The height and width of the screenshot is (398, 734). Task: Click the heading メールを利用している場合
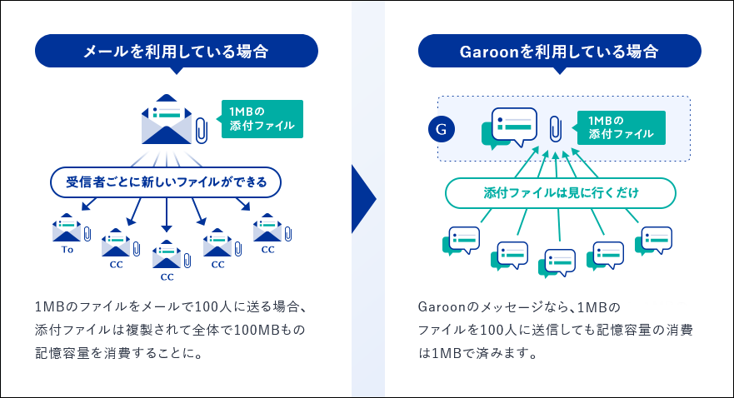[176, 51]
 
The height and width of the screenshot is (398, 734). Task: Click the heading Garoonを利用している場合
[559, 51]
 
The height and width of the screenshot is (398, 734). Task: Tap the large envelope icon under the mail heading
[167, 119]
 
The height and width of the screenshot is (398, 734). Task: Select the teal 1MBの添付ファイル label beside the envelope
[262, 119]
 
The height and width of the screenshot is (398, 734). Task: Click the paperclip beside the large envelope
[202, 130]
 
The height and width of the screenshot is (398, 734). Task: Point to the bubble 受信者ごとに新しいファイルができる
[166, 182]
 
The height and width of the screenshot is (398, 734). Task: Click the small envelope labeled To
[67, 228]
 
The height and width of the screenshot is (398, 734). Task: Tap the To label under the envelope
[67, 250]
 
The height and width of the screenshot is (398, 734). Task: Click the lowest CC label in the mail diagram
[167, 277]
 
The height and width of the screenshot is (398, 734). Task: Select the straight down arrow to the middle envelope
[166, 215]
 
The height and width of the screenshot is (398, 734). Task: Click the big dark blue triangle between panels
[364, 199]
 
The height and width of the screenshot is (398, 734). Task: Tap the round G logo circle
[442, 129]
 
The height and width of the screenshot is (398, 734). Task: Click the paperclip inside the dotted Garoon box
[555, 128]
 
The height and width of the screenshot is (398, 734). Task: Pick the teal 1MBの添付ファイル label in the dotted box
[622, 127]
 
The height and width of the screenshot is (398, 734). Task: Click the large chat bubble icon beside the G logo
[509, 128]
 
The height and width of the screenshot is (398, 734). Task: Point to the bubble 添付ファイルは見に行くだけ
[561, 193]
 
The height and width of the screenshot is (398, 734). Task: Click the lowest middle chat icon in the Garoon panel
[557, 263]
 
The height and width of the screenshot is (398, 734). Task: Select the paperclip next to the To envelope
[87, 233]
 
